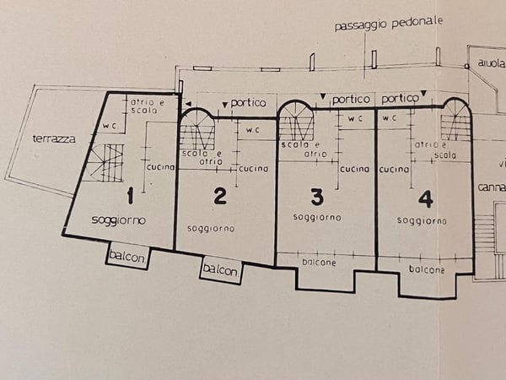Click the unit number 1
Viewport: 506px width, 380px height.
coord(130,198)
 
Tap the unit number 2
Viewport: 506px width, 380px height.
coord(220,197)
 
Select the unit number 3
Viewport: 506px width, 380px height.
coord(316,198)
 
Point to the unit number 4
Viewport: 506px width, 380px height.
coord(426,199)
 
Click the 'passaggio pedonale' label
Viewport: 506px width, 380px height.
coord(388,24)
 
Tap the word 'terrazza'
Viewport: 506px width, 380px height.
coord(50,138)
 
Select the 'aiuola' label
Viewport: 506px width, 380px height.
coord(489,63)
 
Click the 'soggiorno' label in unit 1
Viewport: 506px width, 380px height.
coord(119,220)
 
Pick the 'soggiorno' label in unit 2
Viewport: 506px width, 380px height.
coord(211,228)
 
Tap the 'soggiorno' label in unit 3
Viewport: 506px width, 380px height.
coord(317,217)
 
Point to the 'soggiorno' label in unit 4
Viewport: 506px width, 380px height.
coord(422,220)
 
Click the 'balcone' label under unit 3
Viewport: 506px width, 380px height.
coord(319,263)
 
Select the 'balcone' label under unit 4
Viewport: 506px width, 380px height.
coord(427,269)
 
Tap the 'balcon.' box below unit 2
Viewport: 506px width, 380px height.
coord(220,270)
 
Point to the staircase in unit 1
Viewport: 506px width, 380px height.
coord(107,162)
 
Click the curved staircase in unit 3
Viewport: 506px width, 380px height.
coord(296,124)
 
